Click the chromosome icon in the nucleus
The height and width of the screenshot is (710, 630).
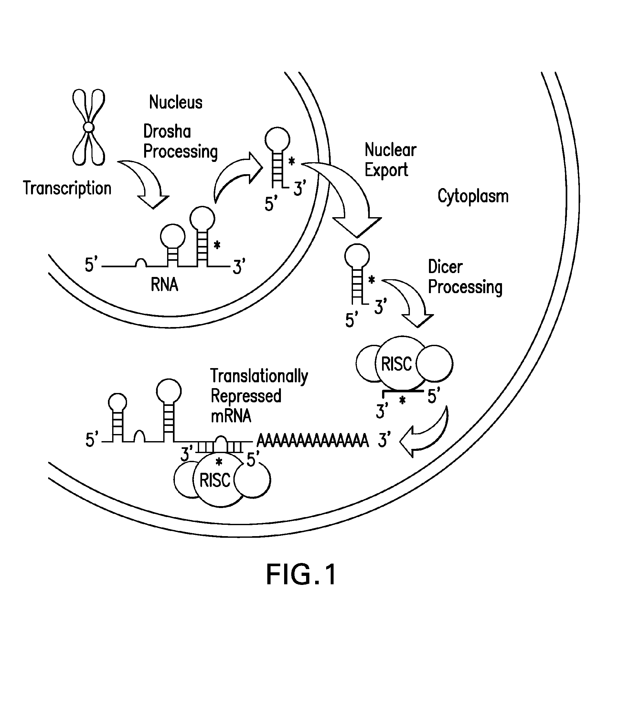point(89,127)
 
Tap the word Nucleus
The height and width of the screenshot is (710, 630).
point(176,102)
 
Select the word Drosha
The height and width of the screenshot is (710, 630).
point(167,132)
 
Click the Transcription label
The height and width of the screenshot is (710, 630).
point(67,189)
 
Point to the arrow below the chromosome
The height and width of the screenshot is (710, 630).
point(146,182)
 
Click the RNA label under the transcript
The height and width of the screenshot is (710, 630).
point(164,285)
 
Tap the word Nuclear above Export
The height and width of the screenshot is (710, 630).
point(390,150)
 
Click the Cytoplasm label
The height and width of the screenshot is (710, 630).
point(473,196)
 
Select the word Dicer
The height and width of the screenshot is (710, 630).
point(445,267)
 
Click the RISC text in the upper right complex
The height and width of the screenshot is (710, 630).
point(396,364)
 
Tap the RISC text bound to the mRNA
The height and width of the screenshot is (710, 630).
point(215,481)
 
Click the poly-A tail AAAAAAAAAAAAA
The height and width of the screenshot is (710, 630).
point(312,441)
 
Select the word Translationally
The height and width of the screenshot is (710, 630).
point(259,376)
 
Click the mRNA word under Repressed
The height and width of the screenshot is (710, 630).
point(231,416)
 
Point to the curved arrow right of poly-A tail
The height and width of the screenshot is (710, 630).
point(427,434)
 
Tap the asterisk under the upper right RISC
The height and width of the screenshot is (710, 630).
point(402,401)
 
